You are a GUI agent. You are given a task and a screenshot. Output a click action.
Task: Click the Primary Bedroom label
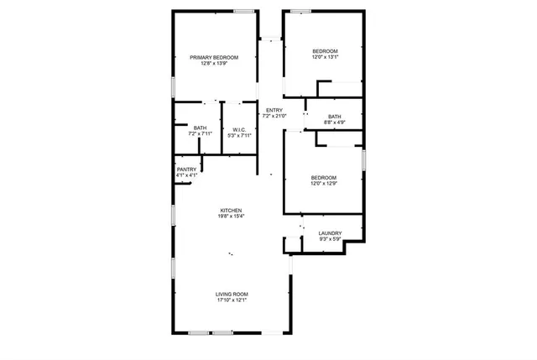214,57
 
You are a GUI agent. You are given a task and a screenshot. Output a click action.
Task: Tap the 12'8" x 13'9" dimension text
214,64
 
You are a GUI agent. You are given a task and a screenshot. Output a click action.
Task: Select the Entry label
274,110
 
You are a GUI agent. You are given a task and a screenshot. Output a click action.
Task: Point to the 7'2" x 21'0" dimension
274,117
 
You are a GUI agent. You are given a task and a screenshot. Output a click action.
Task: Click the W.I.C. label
239,129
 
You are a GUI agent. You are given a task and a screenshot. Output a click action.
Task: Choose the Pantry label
186,170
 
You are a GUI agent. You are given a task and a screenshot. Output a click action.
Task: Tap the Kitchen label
232,210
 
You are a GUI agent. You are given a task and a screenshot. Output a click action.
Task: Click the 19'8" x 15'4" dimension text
232,217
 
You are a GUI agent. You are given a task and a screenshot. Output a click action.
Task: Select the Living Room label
232,294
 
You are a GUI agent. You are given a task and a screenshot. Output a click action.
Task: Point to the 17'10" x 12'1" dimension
232,300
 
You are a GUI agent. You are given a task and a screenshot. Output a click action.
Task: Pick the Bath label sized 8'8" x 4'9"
335,117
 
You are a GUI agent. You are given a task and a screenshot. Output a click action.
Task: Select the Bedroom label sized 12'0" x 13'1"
325,51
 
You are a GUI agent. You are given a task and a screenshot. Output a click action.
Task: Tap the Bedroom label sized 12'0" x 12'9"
324,177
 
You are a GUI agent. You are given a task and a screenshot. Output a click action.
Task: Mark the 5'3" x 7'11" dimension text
239,135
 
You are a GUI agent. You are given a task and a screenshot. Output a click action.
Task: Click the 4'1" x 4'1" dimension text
186,175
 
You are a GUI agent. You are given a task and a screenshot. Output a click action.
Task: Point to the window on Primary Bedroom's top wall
244,11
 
